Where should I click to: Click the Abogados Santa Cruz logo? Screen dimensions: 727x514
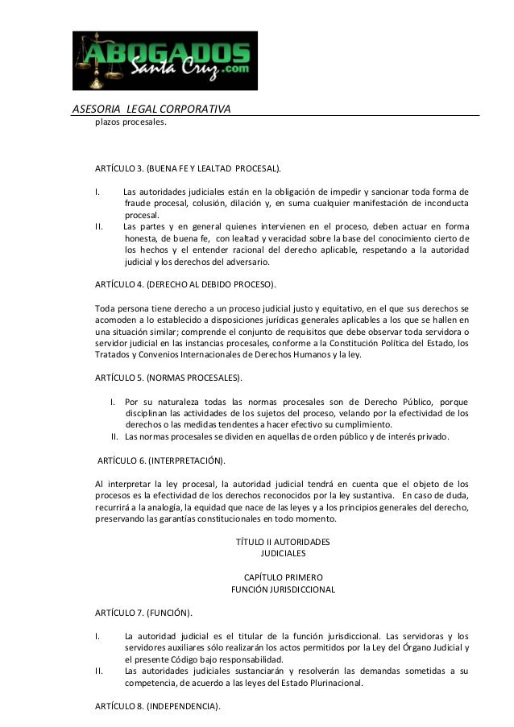point(165,60)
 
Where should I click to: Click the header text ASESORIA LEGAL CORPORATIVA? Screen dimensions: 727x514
point(152,109)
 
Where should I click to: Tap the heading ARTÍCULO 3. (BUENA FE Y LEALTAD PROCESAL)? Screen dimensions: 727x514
point(189,169)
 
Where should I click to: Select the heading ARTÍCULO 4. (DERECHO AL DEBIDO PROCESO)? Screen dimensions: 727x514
point(185,284)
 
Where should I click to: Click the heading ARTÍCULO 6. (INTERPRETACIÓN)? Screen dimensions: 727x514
point(161,461)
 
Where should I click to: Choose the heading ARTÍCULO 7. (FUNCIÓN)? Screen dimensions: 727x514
point(143,614)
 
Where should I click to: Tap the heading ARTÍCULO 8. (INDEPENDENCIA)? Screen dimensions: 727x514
point(158,706)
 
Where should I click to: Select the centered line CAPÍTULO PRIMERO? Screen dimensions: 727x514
point(283,577)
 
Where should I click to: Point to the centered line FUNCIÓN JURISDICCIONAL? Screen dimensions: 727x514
point(283,589)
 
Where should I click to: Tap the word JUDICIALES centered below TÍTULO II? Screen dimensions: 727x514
point(283,554)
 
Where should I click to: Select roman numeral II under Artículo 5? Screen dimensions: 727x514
point(116,437)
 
